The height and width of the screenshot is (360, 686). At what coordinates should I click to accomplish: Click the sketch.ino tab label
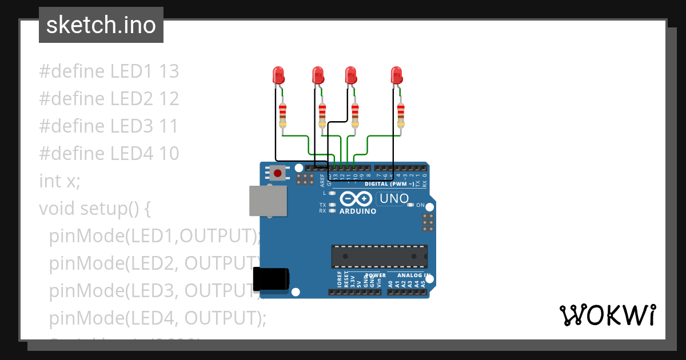(x=101, y=25)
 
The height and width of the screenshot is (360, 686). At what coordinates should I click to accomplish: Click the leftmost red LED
(x=278, y=75)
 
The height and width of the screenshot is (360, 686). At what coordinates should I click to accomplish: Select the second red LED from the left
(x=318, y=75)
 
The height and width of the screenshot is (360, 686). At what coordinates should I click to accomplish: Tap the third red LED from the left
(x=351, y=75)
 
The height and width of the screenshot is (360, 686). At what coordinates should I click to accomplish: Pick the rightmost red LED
(x=396, y=75)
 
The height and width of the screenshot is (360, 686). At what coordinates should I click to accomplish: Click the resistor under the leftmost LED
(x=282, y=116)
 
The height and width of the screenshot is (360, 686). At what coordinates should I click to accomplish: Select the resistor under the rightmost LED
(x=400, y=116)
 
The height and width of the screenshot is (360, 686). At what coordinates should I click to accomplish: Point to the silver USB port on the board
(x=268, y=201)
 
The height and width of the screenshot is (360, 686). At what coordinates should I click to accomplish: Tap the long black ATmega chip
(x=379, y=256)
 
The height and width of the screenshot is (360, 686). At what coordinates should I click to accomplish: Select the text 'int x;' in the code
(x=60, y=181)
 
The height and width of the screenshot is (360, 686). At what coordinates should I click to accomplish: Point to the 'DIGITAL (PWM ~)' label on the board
(x=390, y=184)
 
